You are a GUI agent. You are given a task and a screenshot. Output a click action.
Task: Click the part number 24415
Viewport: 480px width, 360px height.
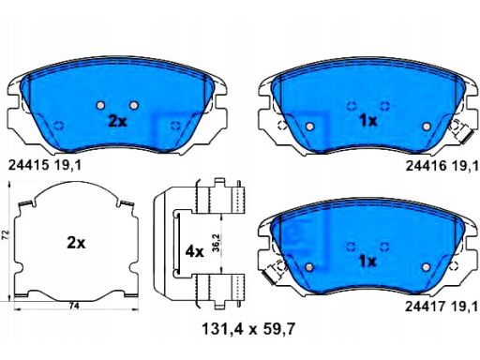coord(29,165)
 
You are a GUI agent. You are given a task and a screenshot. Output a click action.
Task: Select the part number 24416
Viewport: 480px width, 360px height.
coord(427,166)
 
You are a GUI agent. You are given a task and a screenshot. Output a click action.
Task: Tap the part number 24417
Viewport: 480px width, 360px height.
coord(426,307)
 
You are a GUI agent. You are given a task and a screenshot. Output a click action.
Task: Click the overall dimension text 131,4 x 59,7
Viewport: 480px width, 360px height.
coord(248,329)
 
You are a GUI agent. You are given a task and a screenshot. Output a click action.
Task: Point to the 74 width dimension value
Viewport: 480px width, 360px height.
coord(74,307)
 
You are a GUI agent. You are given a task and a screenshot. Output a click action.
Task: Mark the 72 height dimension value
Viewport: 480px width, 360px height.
coord(7,234)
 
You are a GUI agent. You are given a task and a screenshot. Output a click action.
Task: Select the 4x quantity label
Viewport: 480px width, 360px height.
coord(194,251)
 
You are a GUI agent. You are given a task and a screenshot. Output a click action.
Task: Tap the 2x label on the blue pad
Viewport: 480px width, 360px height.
coord(117,121)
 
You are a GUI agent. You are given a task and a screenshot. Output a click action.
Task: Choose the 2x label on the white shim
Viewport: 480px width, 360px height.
coord(76,243)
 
